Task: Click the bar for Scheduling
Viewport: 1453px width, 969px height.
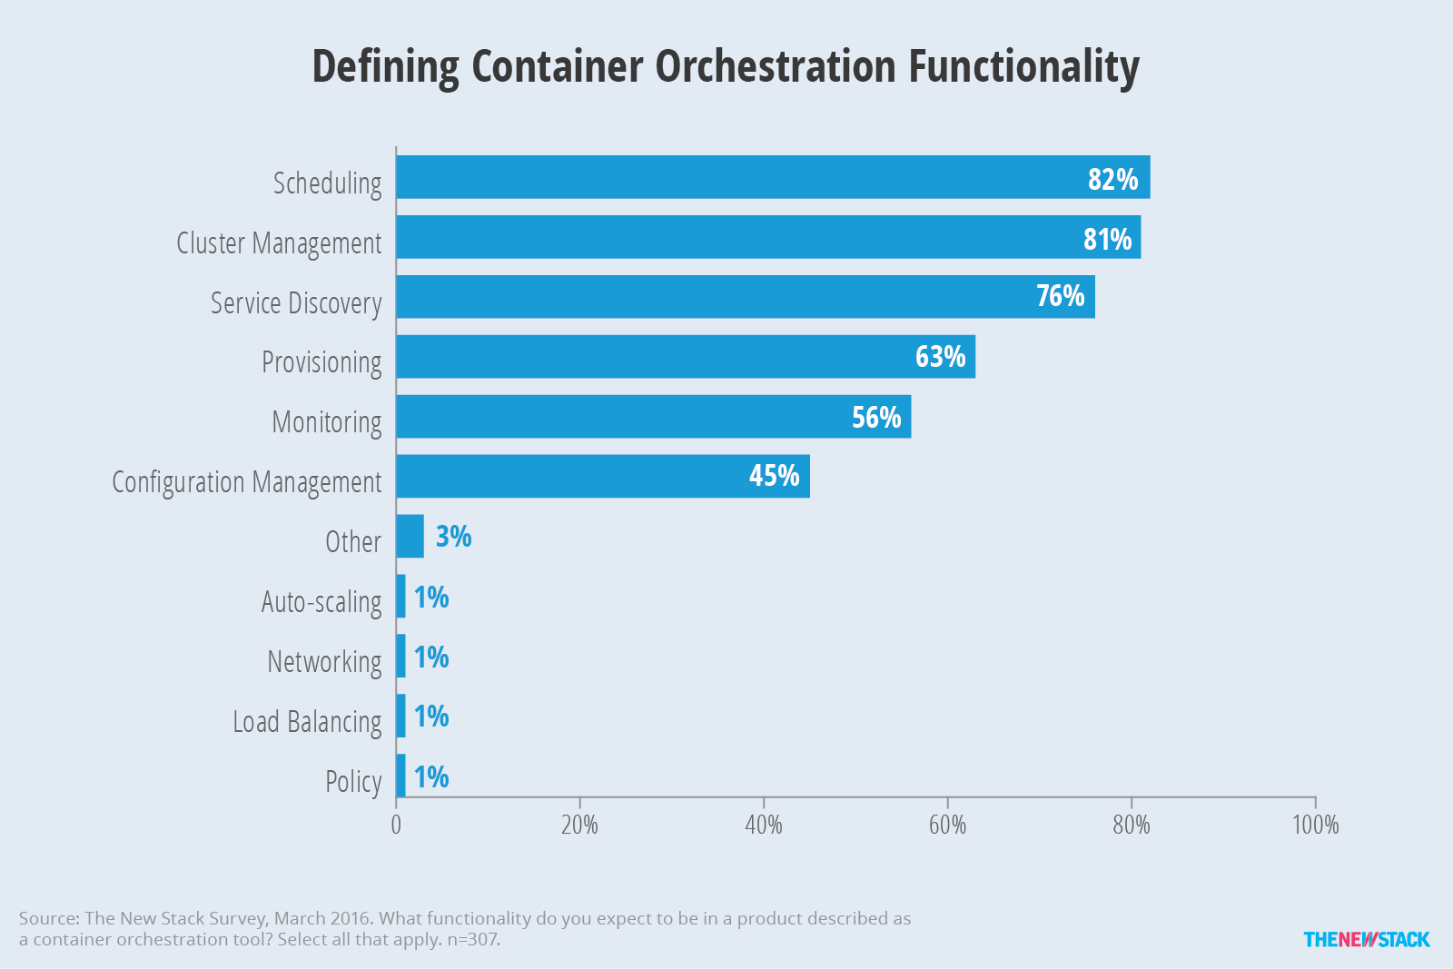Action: (773, 177)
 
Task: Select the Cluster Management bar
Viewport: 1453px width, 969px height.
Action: (768, 237)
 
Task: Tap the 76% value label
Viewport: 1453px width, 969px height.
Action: (1060, 296)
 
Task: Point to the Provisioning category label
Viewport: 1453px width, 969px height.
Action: (321, 362)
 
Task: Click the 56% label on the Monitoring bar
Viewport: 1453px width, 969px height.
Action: (876, 417)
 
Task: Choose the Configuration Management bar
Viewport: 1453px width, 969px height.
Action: (603, 476)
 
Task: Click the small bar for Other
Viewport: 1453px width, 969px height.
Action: (410, 537)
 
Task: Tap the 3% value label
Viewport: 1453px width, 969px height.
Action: (453, 537)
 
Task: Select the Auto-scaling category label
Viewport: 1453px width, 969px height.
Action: (321, 602)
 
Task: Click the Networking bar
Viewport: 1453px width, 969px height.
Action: (400, 656)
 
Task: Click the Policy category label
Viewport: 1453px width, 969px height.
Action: (353, 782)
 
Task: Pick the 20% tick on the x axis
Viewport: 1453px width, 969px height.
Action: (580, 825)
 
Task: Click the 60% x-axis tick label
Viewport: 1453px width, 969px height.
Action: (948, 825)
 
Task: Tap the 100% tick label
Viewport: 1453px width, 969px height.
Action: (1316, 825)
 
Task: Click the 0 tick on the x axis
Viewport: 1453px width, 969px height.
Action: (396, 825)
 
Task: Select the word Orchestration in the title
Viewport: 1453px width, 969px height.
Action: (776, 66)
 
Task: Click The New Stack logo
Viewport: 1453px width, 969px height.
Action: (1367, 939)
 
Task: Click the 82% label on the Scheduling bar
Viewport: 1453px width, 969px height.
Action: (1113, 180)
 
